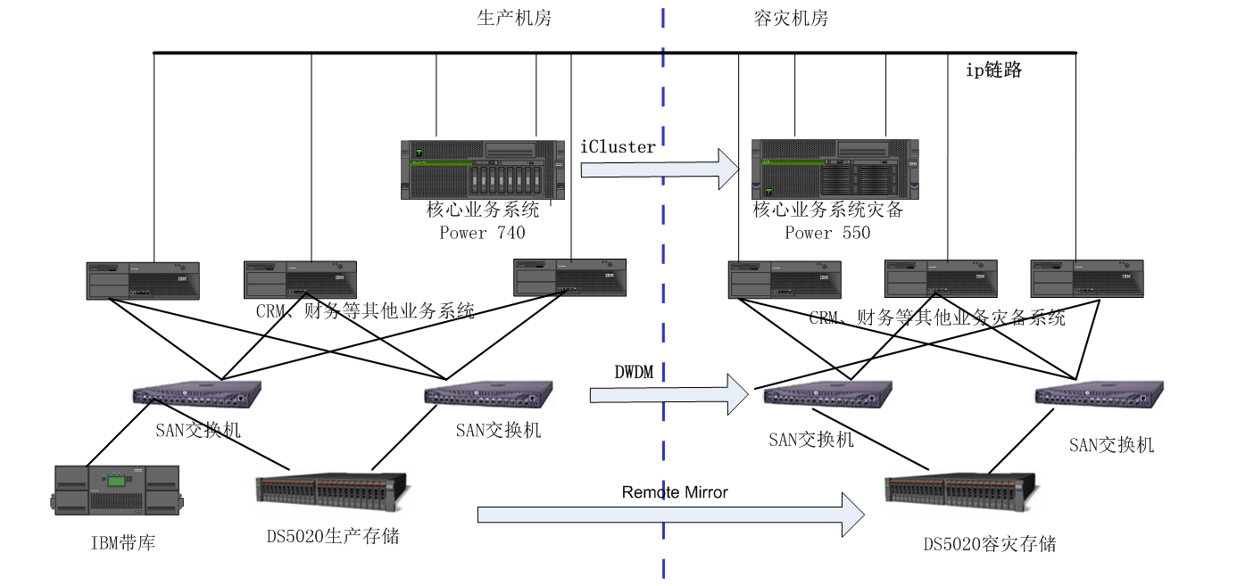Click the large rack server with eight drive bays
pyautogui.click(x=482, y=169)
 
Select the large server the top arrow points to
pyautogui.click(x=834, y=169)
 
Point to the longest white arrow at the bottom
pyautogui.click(x=669, y=515)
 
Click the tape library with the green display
pyautogui.click(x=117, y=490)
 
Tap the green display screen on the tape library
pyautogui.click(x=117, y=480)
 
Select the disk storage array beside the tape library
pyautogui.click(x=333, y=491)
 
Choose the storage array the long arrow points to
pyautogui.click(x=962, y=491)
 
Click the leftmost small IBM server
pyautogui.click(x=143, y=280)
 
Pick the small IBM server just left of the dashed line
pyautogui.click(x=569, y=277)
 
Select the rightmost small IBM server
pyautogui.click(x=1086, y=278)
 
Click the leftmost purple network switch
pyautogui.click(x=196, y=394)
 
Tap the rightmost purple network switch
pyautogui.click(x=1099, y=394)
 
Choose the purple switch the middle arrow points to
pyautogui.click(x=827, y=394)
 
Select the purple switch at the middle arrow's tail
pyautogui.click(x=489, y=394)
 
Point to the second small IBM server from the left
pyautogui.click(x=300, y=280)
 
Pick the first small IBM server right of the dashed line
pyautogui.click(x=785, y=279)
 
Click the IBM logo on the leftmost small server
pyautogui.click(x=182, y=279)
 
